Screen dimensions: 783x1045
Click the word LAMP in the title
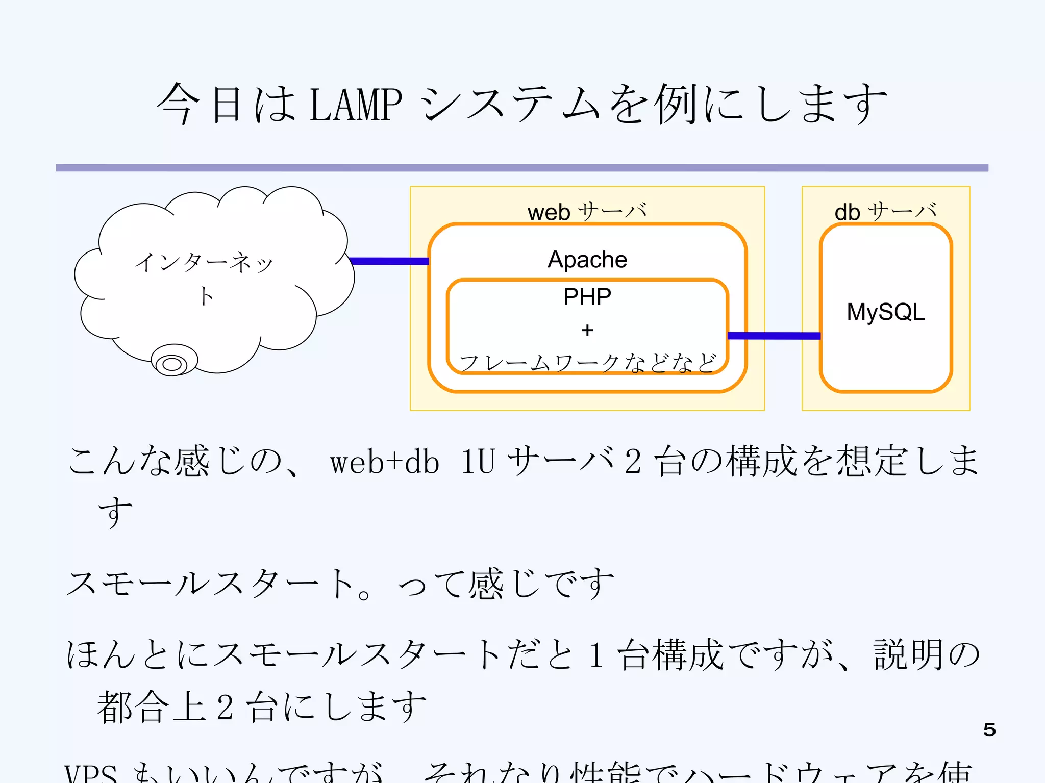pyautogui.click(x=356, y=105)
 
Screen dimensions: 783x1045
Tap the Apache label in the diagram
pyautogui.click(x=587, y=260)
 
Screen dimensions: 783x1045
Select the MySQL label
pyautogui.click(x=885, y=312)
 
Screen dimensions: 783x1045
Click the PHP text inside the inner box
pyautogui.click(x=587, y=297)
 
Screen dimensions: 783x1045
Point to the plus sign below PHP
pyautogui.click(x=587, y=330)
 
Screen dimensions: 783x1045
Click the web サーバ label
pyautogui.click(x=587, y=212)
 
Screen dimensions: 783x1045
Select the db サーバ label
pyautogui.click(x=885, y=212)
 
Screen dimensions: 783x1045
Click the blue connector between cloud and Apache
pyautogui.click(x=389, y=261)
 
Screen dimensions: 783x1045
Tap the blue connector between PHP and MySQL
pyautogui.click(x=774, y=336)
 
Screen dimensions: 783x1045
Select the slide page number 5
pyautogui.click(x=989, y=729)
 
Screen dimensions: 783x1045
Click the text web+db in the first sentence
pyautogui.click(x=384, y=462)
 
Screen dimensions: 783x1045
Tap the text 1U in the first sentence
pyautogui.click(x=478, y=462)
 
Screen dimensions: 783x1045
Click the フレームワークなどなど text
pyautogui.click(x=587, y=363)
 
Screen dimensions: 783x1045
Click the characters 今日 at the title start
pyautogui.click(x=200, y=105)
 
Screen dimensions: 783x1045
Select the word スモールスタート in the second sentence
pyautogui.click(x=209, y=584)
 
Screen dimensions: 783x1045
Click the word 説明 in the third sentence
pyautogui.click(x=908, y=654)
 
